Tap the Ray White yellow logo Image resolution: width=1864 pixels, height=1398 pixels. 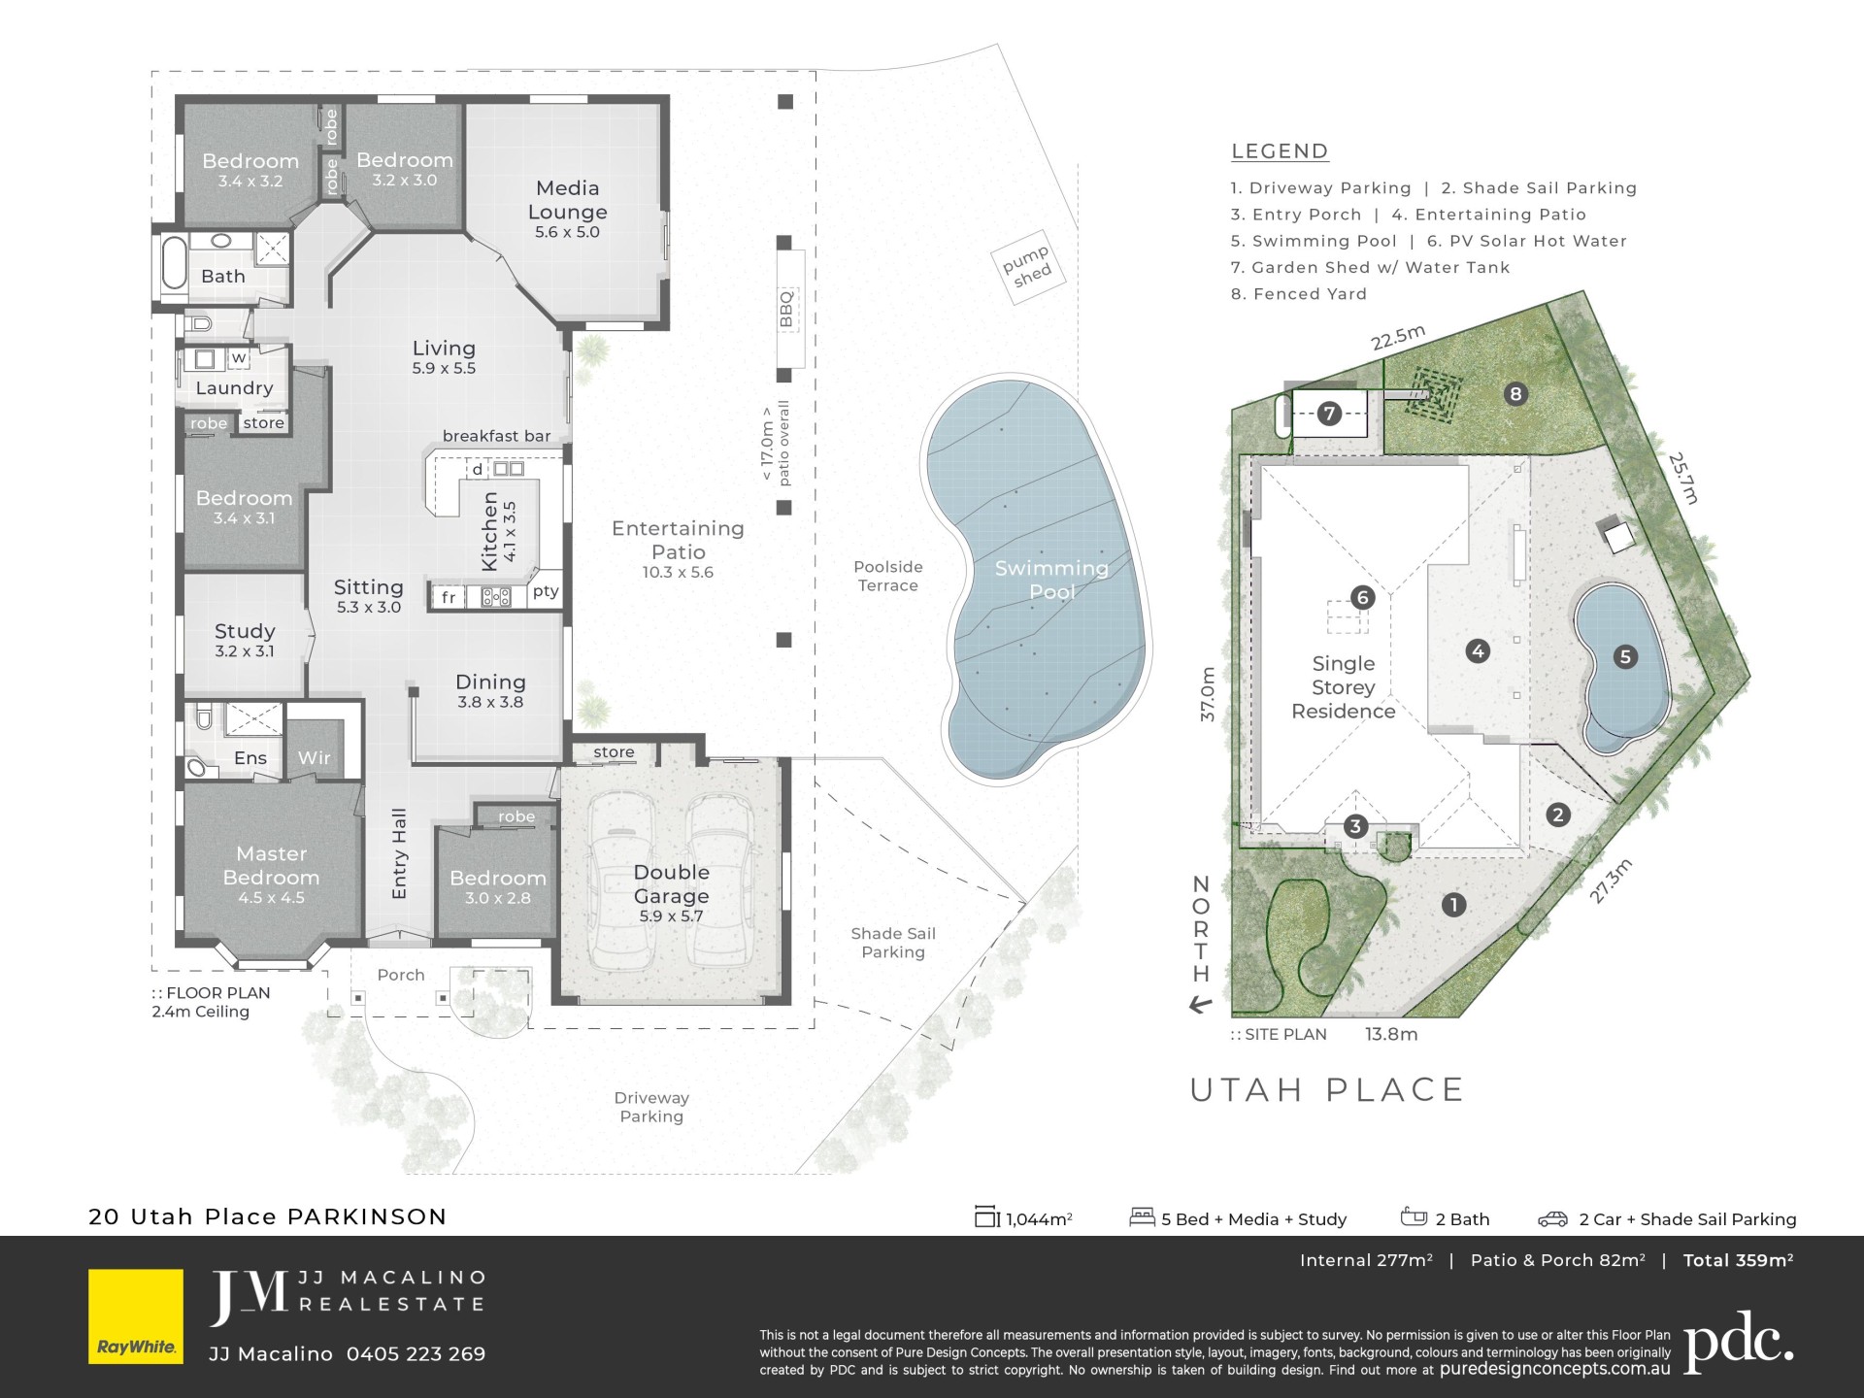[136, 1316]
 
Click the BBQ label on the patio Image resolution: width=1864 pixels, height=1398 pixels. [786, 309]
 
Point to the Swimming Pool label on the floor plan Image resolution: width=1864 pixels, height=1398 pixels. [1051, 580]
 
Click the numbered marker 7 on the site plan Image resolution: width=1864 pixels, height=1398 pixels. [1329, 414]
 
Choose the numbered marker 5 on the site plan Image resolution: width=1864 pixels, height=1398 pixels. [1625, 657]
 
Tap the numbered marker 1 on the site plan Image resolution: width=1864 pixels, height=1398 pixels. [1453, 905]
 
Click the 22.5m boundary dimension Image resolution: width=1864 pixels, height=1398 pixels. [1398, 337]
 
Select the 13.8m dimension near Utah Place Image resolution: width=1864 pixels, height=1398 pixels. [1391, 1035]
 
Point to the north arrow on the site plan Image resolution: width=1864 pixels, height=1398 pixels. [1201, 1005]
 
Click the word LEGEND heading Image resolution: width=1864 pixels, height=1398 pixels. [1280, 151]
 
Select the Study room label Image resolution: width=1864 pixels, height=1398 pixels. [245, 640]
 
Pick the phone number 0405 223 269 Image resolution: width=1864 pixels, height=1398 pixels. [416, 1354]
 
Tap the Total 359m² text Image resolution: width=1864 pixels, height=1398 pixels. [1738, 1260]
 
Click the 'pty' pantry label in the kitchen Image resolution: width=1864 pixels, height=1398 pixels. [546, 590]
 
